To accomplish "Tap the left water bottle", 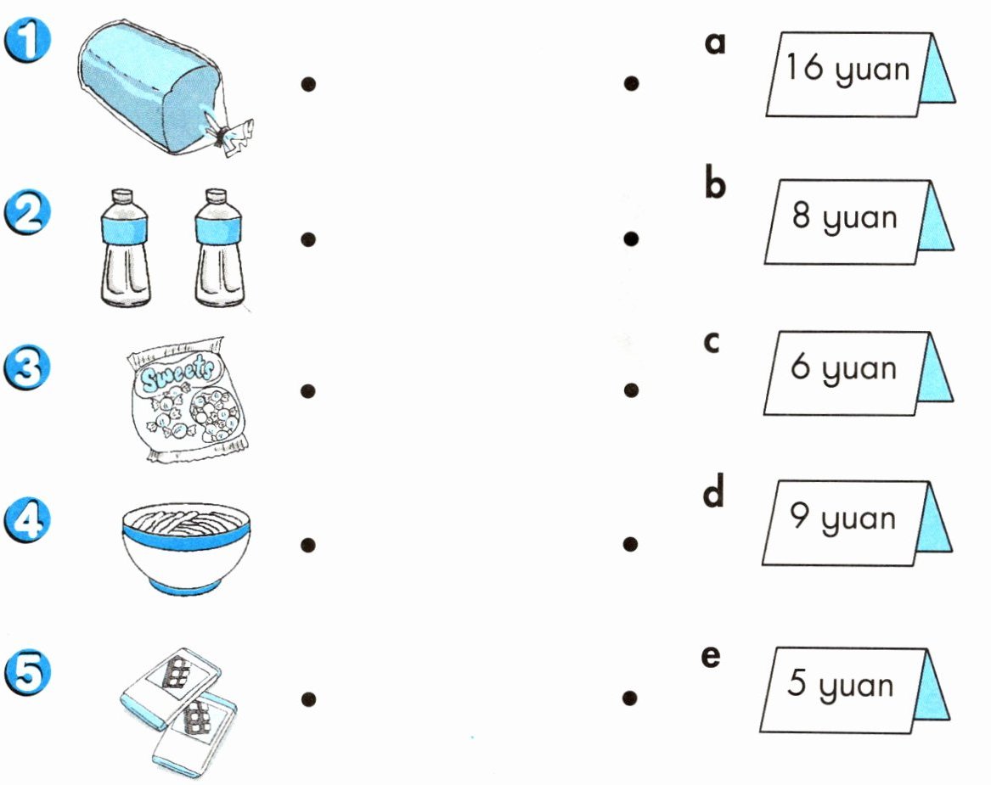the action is click(x=125, y=248).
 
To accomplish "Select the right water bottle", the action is click(x=219, y=248).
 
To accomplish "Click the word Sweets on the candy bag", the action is click(x=177, y=374).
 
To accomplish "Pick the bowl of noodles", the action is click(x=186, y=548).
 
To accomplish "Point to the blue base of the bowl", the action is click(x=186, y=588).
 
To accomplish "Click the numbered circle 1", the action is click(x=27, y=41).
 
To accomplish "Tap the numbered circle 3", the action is click(x=26, y=367).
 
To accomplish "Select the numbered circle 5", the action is click(x=26, y=673).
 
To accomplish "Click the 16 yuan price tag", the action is click(x=860, y=75).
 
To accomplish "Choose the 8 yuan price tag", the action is click(x=859, y=221).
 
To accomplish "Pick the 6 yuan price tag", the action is click(x=858, y=373).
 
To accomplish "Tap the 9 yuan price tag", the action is click(x=856, y=522).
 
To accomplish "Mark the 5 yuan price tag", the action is click(x=854, y=690).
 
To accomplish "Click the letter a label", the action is click(x=715, y=43).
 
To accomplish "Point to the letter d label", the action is click(x=713, y=492).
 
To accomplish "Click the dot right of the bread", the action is click(x=308, y=84).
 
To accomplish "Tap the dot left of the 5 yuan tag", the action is click(x=629, y=698).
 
